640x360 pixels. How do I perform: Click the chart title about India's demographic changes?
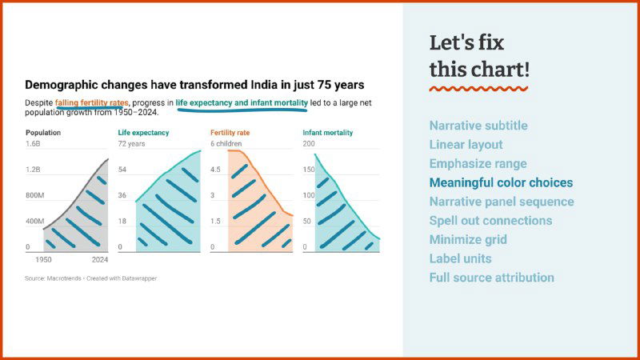click(x=194, y=84)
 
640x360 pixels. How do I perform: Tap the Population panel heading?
click(x=43, y=133)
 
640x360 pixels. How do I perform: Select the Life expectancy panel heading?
click(x=143, y=133)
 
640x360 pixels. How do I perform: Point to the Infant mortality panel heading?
click(x=327, y=133)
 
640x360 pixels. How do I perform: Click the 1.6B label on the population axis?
click(x=33, y=144)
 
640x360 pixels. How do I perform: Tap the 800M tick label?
click(x=34, y=195)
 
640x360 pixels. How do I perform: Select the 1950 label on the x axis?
click(x=44, y=260)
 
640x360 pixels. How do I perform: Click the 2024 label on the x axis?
click(x=99, y=260)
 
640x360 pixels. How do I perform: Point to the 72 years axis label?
click(x=131, y=144)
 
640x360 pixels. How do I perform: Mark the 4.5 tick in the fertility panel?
click(x=216, y=170)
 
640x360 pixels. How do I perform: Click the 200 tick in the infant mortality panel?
click(x=309, y=144)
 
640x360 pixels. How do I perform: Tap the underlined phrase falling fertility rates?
click(x=91, y=102)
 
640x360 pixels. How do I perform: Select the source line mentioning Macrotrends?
click(x=90, y=278)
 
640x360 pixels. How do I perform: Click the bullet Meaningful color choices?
click(x=501, y=182)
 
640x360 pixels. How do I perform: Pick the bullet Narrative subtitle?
click(x=478, y=126)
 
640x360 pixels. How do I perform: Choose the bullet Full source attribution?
click(x=491, y=278)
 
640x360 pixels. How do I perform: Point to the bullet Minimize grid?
click(x=468, y=239)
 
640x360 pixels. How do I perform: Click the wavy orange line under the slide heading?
click(x=478, y=88)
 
